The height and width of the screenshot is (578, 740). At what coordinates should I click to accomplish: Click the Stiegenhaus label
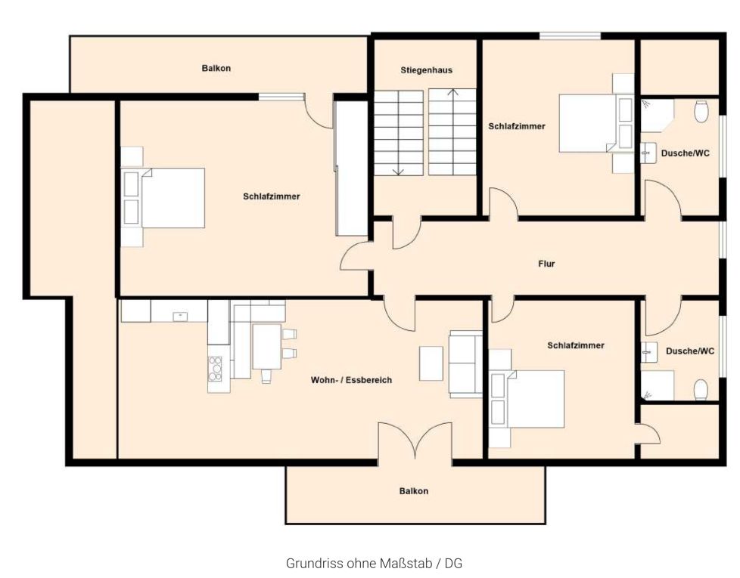click(x=426, y=70)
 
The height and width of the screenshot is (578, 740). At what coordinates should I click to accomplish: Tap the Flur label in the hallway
click(x=546, y=264)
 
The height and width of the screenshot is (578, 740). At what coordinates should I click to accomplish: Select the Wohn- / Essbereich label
click(x=351, y=380)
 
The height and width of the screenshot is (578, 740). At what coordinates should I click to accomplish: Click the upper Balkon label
click(x=216, y=68)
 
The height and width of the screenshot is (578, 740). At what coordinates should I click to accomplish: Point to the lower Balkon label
click(x=414, y=491)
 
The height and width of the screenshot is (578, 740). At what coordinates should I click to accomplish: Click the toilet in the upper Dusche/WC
click(x=701, y=112)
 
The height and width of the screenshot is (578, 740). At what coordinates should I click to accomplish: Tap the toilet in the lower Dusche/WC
click(x=701, y=390)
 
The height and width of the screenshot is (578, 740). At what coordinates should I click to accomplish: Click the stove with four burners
click(x=215, y=369)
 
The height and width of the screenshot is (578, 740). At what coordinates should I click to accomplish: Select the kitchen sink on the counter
click(x=180, y=317)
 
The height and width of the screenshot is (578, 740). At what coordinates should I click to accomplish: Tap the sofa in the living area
click(x=465, y=363)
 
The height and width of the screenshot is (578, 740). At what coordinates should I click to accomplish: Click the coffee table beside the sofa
click(x=431, y=363)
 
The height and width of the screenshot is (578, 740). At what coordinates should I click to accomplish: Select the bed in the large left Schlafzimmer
click(x=163, y=198)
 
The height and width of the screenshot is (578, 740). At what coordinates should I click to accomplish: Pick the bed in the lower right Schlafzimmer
click(x=527, y=399)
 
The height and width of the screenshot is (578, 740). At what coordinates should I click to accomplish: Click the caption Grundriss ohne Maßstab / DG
click(x=375, y=564)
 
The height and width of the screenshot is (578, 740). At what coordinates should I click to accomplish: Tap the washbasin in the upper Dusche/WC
click(x=648, y=153)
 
